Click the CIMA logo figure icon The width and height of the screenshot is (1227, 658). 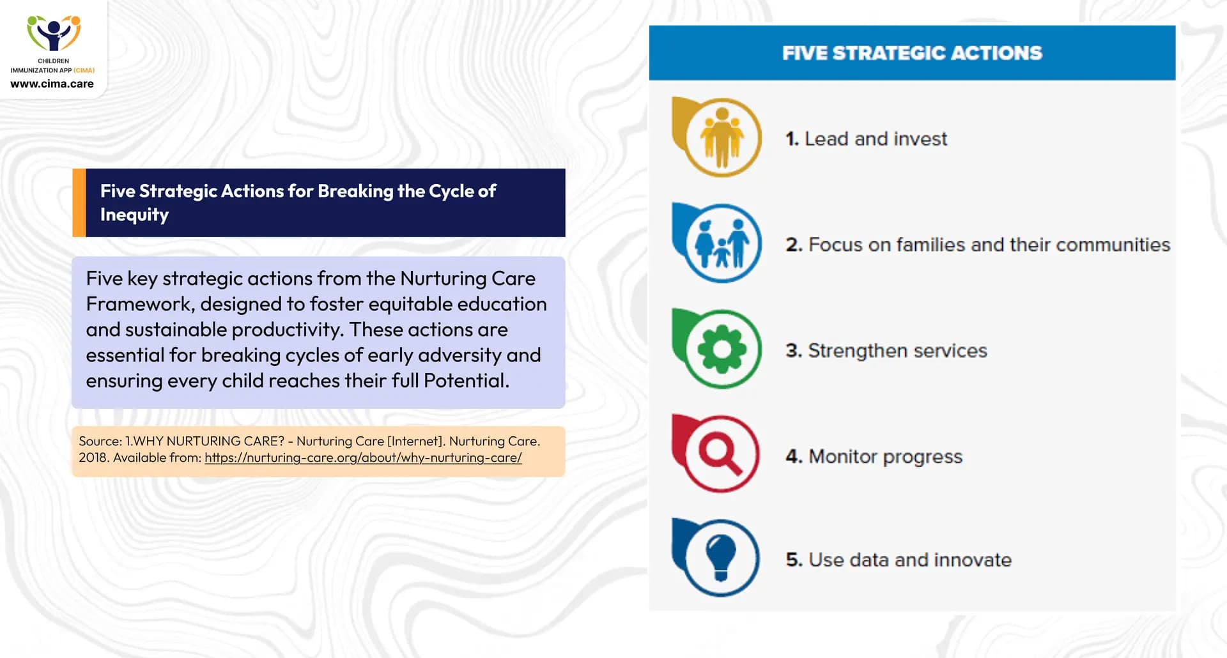point(54,33)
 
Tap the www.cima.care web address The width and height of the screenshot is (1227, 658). point(52,84)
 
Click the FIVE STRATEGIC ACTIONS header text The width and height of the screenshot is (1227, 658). point(912,53)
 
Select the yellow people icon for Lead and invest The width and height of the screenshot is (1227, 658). point(721,137)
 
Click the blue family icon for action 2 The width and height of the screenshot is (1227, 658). point(721,243)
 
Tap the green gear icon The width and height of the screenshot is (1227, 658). point(722,349)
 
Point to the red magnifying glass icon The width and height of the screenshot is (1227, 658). point(720,454)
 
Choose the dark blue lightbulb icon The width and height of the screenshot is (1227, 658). point(720,558)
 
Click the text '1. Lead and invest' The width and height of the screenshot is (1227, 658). point(866,139)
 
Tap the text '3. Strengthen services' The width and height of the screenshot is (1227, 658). point(886,351)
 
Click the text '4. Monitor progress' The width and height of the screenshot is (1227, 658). point(874,457)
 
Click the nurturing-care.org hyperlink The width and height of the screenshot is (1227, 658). point(363,458)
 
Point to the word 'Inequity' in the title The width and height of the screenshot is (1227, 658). point(134,215)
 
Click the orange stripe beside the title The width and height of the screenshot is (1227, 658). point(79,203)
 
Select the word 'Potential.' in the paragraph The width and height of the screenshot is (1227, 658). point(467,381)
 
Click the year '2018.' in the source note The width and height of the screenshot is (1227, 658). point(93,458)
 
